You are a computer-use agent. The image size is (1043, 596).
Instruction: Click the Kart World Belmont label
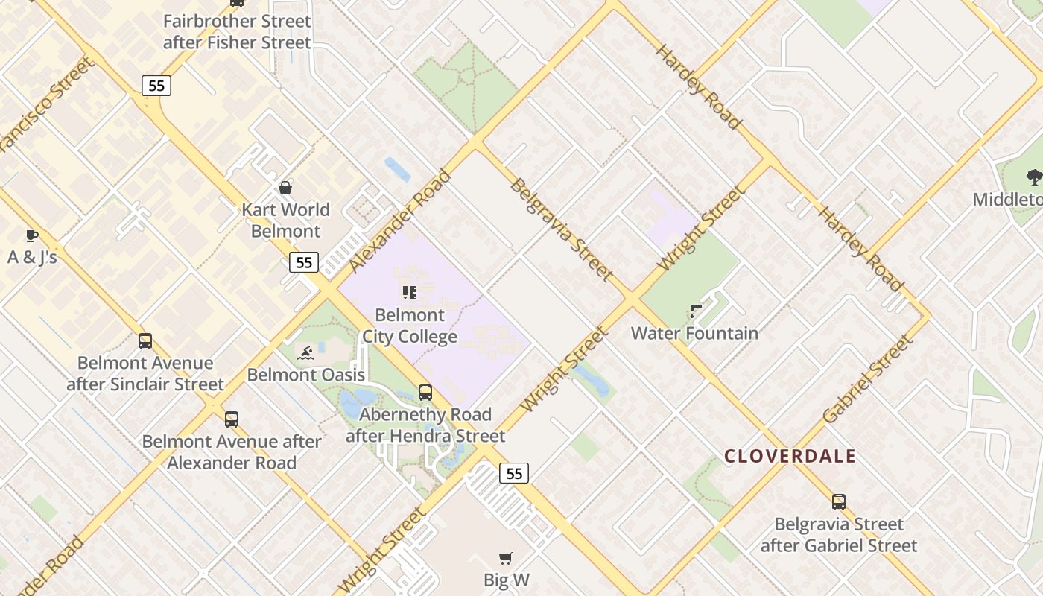pos(285,221)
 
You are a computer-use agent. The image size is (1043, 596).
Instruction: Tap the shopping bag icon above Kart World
pos(285,187)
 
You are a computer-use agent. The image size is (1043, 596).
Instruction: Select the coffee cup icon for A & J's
pos(31,236)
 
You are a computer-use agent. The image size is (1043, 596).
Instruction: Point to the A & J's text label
pos(32,258)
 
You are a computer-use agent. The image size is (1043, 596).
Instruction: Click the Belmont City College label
pos(410,326)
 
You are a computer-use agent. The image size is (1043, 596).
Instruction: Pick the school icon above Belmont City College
pos(409,292)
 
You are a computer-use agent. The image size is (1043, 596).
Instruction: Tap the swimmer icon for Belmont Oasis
pos(305,352)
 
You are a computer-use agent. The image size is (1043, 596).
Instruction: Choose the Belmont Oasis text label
pos(306,374)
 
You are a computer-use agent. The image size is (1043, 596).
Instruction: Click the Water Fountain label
pos(694,333)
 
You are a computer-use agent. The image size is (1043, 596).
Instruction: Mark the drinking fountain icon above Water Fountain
pos(695,311)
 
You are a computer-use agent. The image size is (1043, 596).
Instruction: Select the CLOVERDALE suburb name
pos(790,456)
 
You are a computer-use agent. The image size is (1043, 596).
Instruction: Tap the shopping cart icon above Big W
pos(506,558)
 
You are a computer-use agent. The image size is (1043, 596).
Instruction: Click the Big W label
pos(507,580)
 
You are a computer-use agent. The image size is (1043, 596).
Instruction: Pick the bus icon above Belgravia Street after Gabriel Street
pos(839,502)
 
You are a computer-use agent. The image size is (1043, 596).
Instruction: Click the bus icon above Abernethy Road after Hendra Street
pos(425,392)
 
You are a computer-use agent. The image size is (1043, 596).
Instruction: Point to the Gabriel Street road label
pos(868,380)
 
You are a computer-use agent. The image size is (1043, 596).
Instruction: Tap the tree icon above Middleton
pos(1033,177)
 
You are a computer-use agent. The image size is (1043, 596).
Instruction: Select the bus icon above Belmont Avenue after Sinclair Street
pos(145,341)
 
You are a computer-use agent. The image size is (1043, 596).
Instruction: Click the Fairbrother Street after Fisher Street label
pos(237,32)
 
